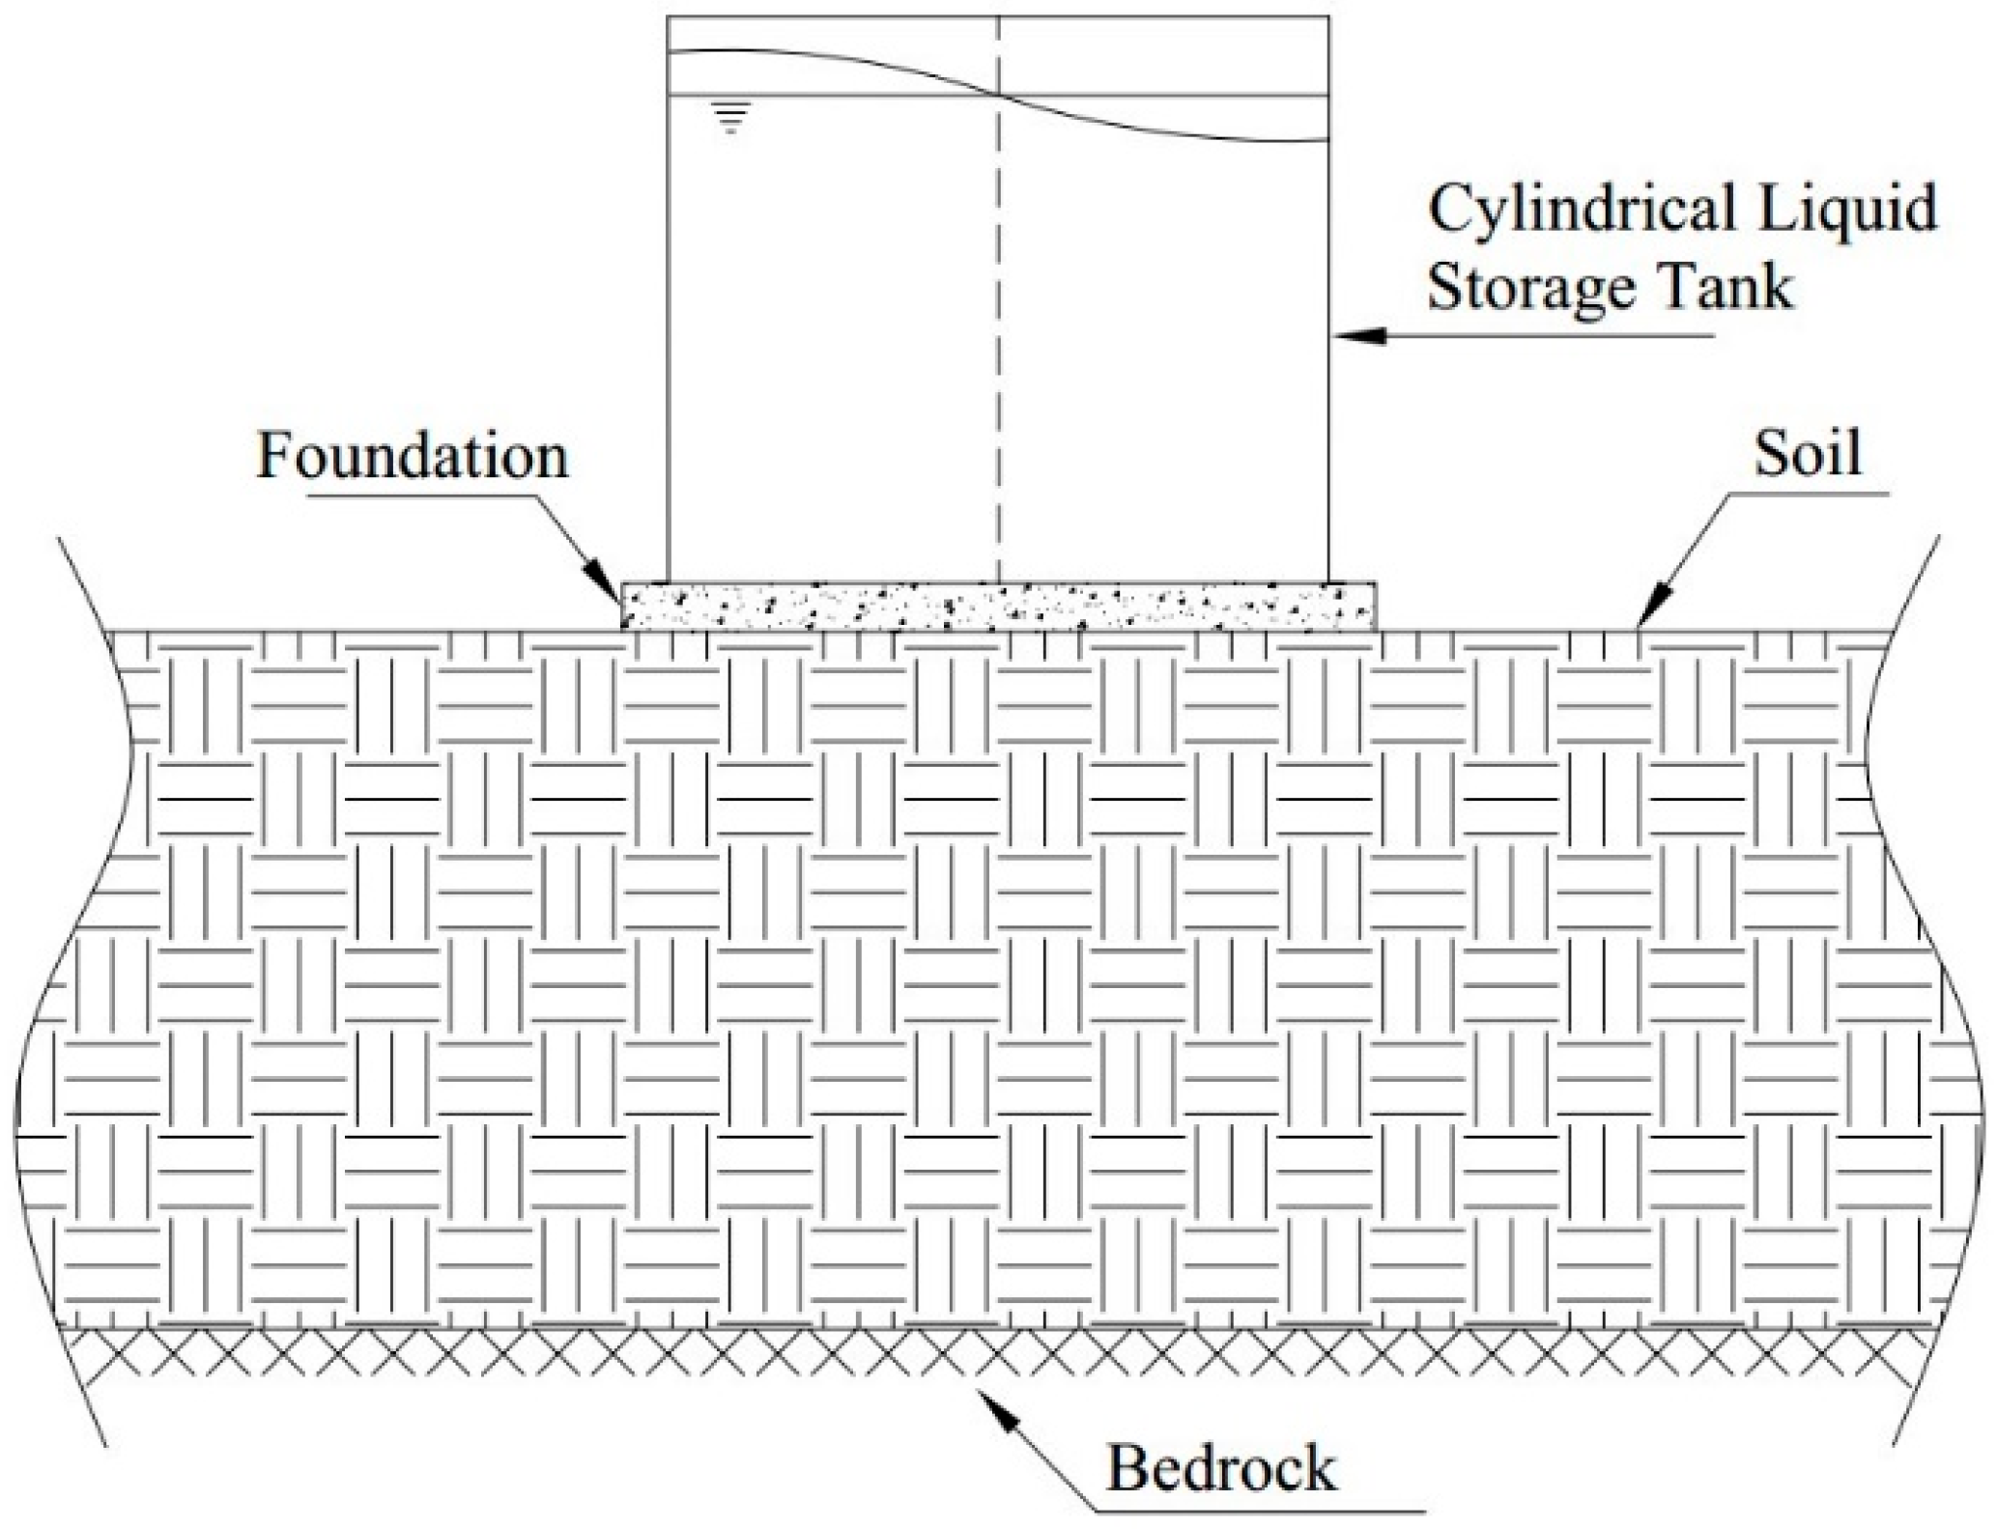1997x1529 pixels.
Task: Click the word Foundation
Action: (413, 457)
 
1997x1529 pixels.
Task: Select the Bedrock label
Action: (1221, 1469)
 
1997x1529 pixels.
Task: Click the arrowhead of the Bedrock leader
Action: (995, 1407)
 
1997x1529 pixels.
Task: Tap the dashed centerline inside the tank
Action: (999, 338)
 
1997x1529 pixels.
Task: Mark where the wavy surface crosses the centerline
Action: (999, 95)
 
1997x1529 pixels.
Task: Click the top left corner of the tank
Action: (669, 16)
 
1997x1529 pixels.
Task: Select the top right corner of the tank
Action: (1329, 16)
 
